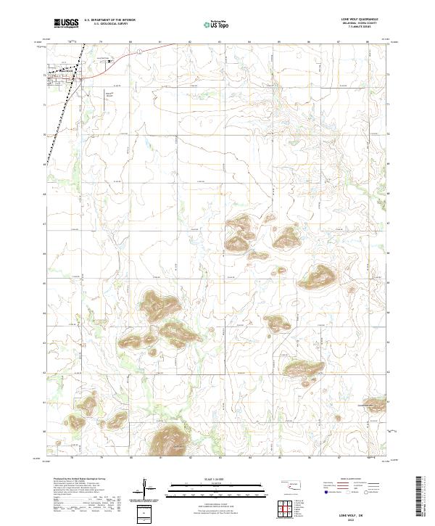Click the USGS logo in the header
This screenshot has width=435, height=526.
pos(66,24)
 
